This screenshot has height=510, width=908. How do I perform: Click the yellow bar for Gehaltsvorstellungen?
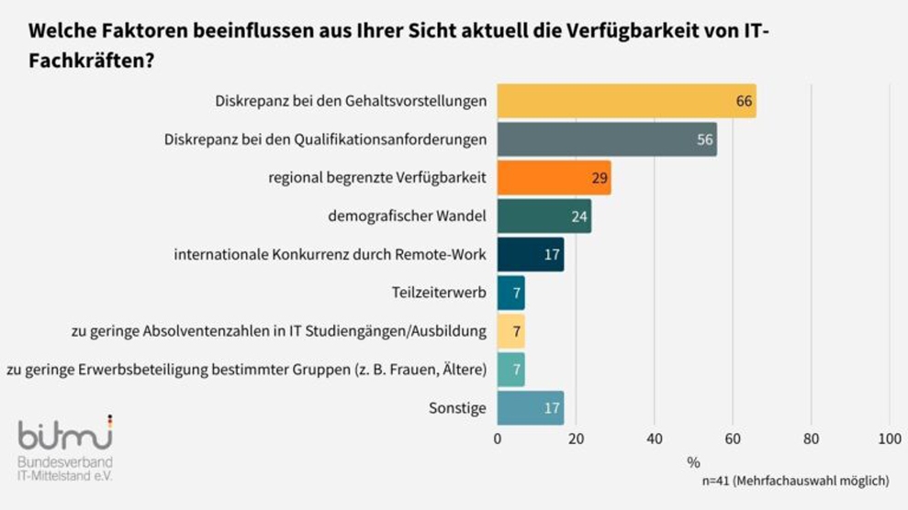coord(626,101)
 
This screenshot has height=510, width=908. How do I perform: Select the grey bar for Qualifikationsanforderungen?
coord(607,139)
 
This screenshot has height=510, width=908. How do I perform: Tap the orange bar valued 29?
coord(554,177)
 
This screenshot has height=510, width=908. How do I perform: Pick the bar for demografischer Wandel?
coord(544,216)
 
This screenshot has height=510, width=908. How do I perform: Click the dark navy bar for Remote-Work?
coord(530,254)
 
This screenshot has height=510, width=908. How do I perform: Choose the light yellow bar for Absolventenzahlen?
coord(510,330)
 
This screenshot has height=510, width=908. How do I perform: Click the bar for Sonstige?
coord(530,407)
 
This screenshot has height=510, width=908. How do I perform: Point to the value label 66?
coord(744,101)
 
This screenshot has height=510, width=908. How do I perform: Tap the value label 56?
coord(704,139)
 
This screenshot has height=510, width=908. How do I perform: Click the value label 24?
coord(579,216)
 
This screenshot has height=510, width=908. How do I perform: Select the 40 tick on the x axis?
coord(654,438)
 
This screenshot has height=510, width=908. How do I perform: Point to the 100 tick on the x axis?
coord(889,438)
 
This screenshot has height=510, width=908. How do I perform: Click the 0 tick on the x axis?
coord(498,438)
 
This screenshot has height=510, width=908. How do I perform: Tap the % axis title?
coord(693,460)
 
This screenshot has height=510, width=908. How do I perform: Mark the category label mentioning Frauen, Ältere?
coord(246,369)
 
